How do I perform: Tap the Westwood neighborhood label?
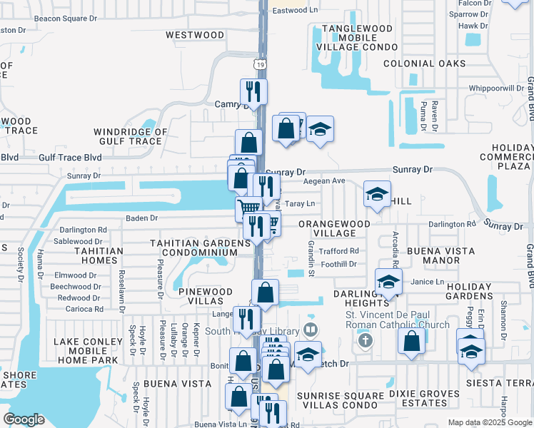click(195, 34)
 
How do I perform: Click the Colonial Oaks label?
click(424, 63)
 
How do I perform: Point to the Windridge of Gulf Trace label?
click(131, 136)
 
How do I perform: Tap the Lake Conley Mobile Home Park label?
click(89, 351)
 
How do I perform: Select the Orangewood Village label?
click(334, 228)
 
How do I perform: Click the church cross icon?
click(366, 340)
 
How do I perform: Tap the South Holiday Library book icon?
click(310, 330)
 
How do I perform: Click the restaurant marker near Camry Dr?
click(253, 91)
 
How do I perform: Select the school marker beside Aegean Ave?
click(377, 193)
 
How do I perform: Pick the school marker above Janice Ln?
click(388, 281)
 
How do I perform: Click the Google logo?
click(24, 419)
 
